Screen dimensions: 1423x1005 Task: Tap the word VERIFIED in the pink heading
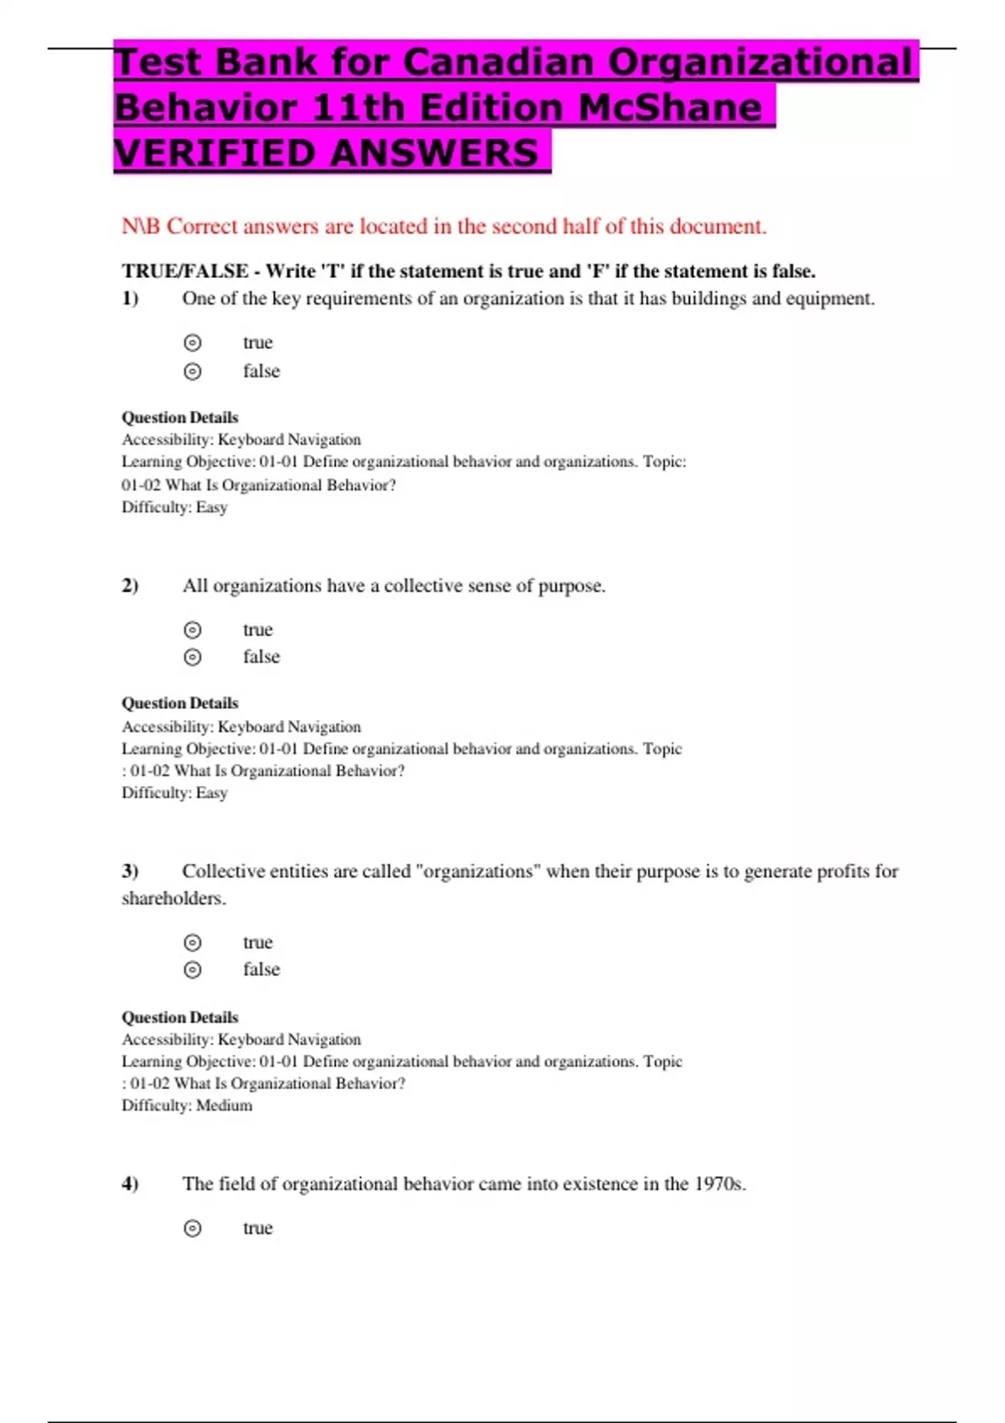point(213,152)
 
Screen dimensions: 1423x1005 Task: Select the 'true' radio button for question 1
point(193,342)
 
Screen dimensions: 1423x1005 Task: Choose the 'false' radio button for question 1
point(193,371)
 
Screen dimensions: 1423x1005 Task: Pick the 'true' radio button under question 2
point(193,629)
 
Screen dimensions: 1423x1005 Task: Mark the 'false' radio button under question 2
point(193,657)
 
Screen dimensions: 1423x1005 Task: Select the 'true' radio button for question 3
point(193,943)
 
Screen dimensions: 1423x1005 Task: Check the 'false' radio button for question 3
point(193,969)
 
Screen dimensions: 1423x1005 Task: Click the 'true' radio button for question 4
point(193,1228)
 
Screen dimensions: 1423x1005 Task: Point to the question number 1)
point(130,299)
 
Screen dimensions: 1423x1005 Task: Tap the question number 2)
point(130,586)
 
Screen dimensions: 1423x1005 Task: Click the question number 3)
point(130,871)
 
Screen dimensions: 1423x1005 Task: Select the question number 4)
point(130,1184)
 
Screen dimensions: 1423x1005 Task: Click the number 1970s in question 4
point(719,1184)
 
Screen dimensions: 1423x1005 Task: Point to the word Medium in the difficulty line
point(224,1105)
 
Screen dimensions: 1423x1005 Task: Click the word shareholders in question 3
point(173,898)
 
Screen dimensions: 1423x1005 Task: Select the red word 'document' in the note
point(724,226)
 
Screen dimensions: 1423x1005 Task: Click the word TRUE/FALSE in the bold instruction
point(185,271)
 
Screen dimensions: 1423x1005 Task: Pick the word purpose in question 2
point(570,586)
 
